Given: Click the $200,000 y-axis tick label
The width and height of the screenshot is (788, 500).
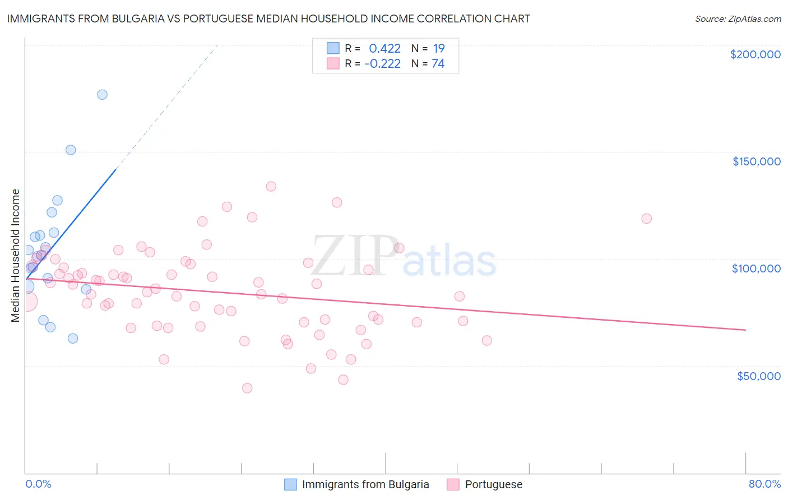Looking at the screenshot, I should coord(755,54).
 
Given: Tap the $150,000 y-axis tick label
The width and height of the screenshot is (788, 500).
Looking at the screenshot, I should coord(756,161).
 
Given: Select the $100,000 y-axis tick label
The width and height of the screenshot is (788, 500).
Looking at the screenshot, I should coord(756,268).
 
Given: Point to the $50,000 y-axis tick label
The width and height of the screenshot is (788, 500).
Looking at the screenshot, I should coord(758,376).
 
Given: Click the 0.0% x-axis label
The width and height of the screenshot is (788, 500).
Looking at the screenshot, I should coord(38,484).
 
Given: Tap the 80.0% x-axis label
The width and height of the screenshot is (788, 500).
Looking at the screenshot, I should coord(764,484).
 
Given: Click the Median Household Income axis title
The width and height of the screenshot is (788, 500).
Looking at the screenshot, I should coord(16,256).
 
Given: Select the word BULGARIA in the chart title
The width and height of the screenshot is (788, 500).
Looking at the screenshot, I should coord(137,18).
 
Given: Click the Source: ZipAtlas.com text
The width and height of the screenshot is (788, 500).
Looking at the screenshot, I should coord(738,18).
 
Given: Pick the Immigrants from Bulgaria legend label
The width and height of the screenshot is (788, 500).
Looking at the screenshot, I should coord(365,484).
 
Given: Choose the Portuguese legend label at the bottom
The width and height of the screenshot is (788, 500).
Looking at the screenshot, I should coord(493,484).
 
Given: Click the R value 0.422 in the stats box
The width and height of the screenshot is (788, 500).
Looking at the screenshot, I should coord(384,49).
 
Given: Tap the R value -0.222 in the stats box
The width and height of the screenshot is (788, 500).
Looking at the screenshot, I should coord(382,64).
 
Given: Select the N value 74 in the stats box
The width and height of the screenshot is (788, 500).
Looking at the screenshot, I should coord(438,64).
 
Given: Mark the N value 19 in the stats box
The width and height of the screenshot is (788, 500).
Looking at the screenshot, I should coord(438,49).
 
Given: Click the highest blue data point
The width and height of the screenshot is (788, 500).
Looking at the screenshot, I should coord(102,94).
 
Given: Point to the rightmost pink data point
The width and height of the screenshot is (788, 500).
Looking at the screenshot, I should coord(646,219).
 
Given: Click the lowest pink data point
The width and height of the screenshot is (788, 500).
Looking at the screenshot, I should coord(247,388).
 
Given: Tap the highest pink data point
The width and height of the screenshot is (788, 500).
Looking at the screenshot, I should coord(271,186).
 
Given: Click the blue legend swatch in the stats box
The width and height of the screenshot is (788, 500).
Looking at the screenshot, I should coord(333,48).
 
